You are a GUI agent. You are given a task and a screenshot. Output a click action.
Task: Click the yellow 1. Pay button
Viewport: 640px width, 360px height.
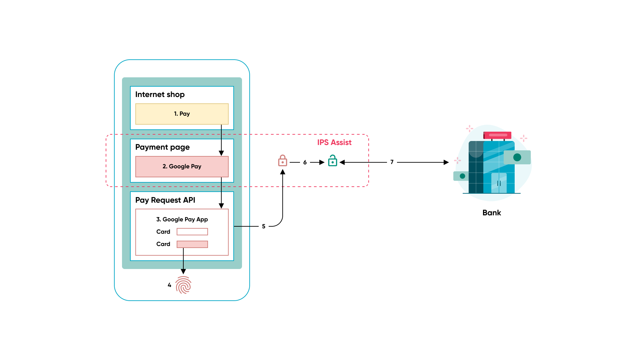click(182, 114)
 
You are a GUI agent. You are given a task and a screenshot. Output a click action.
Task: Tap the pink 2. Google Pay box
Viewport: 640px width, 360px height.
click(182, 167)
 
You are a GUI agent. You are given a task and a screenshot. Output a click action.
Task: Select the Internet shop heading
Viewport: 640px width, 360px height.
click(160, 95)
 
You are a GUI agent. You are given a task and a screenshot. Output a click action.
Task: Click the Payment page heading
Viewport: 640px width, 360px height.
click(162, 147)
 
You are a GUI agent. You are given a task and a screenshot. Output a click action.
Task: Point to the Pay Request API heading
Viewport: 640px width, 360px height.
click(165, 200)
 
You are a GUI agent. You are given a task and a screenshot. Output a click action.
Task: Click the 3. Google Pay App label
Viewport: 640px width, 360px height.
click(182, 219)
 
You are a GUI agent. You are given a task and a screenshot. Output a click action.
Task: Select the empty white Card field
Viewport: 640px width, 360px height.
click(192, 232)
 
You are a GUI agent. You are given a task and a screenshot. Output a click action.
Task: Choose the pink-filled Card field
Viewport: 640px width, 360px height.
click(192, 244)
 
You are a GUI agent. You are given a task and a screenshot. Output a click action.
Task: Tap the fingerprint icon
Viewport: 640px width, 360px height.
click(183, 285)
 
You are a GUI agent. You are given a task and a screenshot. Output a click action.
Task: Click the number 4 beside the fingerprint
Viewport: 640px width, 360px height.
click(169, 285)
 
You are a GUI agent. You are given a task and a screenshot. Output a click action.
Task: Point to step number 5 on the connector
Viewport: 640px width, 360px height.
click(264, 226)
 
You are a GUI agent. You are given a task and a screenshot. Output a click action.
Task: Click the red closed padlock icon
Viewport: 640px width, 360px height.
click(283, 161)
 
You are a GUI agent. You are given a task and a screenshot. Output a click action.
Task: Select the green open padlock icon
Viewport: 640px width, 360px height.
click(332, 161)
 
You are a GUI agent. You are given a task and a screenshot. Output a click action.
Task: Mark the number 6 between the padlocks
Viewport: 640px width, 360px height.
click(305, 162)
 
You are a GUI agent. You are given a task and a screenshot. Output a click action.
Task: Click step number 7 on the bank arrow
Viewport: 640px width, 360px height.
click(392, 162)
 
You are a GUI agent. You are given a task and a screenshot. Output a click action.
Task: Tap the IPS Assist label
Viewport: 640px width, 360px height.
click(334, 143)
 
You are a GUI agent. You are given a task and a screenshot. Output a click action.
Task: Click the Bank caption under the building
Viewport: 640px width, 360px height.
click(492, 213)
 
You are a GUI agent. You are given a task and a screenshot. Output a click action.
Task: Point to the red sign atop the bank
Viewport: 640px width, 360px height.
click(497, 135)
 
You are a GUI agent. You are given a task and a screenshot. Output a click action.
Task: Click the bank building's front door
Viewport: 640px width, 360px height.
click(499, 183)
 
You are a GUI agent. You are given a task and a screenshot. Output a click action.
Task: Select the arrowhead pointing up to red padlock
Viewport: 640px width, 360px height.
click(283, 172)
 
